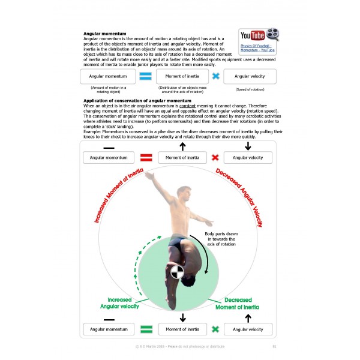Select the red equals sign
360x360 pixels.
(x=146, y=158)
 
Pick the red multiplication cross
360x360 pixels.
(x=215, y=158)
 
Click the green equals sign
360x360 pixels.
(x=146, y=329)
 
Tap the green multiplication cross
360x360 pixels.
(x=215, y=329)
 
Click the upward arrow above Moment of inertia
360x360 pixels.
(x=182, y=146)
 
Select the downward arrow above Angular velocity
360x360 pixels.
(x=247, y=146)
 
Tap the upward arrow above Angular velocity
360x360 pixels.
(x=247, y=317)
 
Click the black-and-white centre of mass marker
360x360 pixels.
(x=176, y=271)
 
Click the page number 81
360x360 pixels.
(x=274, y=346)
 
